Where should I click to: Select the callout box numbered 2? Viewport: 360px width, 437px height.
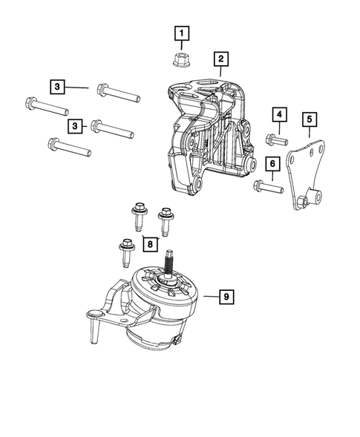pos(220,58)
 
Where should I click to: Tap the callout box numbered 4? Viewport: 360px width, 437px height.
pos(279,114)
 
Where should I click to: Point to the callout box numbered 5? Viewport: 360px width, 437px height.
pos(310,118)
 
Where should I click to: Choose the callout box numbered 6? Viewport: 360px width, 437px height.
pos(272,163)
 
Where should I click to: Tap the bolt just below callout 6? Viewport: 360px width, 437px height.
pos(269,187)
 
